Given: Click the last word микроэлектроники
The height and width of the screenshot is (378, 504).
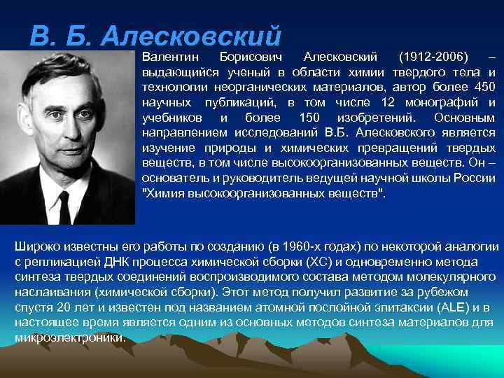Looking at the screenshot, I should click(69, 337).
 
